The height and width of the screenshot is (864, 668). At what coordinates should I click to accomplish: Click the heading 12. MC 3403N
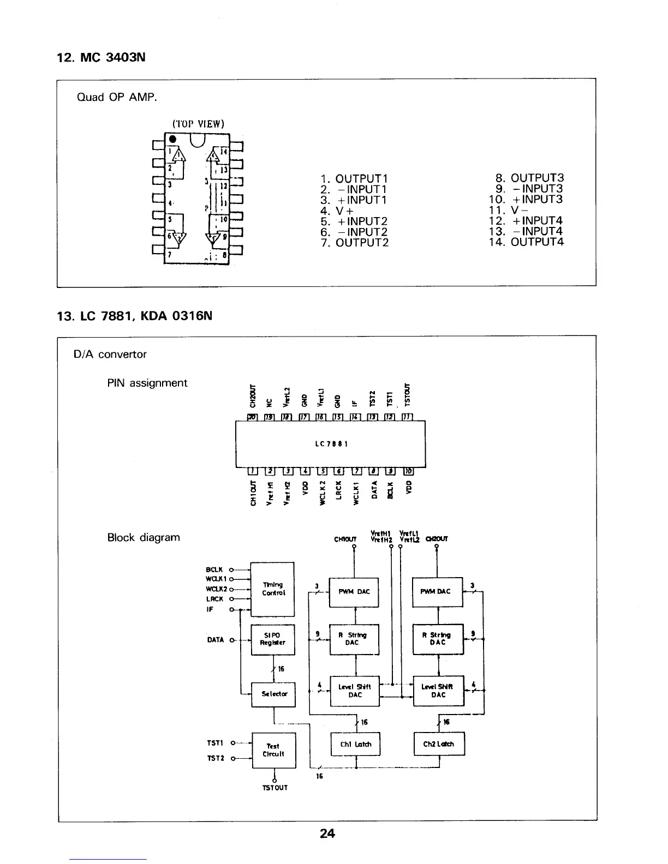coord(102,57)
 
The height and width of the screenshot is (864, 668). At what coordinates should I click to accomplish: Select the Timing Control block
coord(272,589)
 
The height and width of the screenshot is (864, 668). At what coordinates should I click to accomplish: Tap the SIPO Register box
coord(272,639)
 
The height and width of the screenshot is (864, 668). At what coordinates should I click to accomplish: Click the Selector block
coord(273,694)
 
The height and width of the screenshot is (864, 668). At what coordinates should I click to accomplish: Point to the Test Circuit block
coord(273,750)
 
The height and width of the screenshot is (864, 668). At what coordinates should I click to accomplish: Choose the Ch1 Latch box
coord(355,744)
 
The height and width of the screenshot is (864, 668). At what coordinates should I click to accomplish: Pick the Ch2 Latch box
coord(439,744)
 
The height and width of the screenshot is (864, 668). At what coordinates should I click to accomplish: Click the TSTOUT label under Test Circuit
coord(275,788)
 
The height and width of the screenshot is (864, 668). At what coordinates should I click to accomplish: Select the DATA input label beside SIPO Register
coord(216,640)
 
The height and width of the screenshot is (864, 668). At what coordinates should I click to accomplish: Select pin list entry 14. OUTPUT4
coord(526,242)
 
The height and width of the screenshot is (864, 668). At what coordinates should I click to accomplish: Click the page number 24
coord(327,833)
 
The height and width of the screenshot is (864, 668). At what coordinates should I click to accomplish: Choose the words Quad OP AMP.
coord(117,98)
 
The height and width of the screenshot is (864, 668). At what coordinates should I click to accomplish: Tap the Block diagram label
coord(144,537)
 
